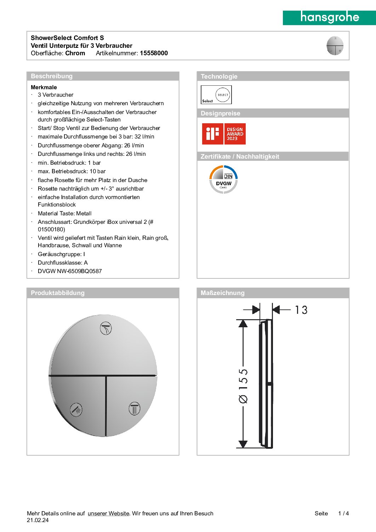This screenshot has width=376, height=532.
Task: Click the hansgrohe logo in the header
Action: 329,17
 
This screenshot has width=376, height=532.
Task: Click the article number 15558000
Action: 154,53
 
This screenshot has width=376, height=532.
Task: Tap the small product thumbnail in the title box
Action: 335,46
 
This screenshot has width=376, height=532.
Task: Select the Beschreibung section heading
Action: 52,76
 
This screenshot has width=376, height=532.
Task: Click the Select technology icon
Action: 216,95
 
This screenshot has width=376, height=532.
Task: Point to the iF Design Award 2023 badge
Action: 224,134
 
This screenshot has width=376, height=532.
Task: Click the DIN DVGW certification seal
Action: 223,180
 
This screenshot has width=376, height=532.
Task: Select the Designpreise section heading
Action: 220,113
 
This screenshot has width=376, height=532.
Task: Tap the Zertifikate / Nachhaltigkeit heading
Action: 240,157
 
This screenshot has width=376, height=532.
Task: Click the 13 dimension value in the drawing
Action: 301,310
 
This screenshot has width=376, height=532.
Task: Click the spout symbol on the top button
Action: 106,328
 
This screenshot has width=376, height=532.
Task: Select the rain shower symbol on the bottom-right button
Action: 135,408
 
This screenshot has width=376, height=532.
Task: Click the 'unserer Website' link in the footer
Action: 108,514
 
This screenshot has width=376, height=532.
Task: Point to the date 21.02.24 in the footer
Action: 38,520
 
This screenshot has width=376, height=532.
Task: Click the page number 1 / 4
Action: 343,514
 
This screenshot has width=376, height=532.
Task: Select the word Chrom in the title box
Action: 75,53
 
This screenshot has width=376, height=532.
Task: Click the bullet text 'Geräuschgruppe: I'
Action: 61,254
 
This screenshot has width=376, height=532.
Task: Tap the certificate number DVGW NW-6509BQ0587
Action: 70,271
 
